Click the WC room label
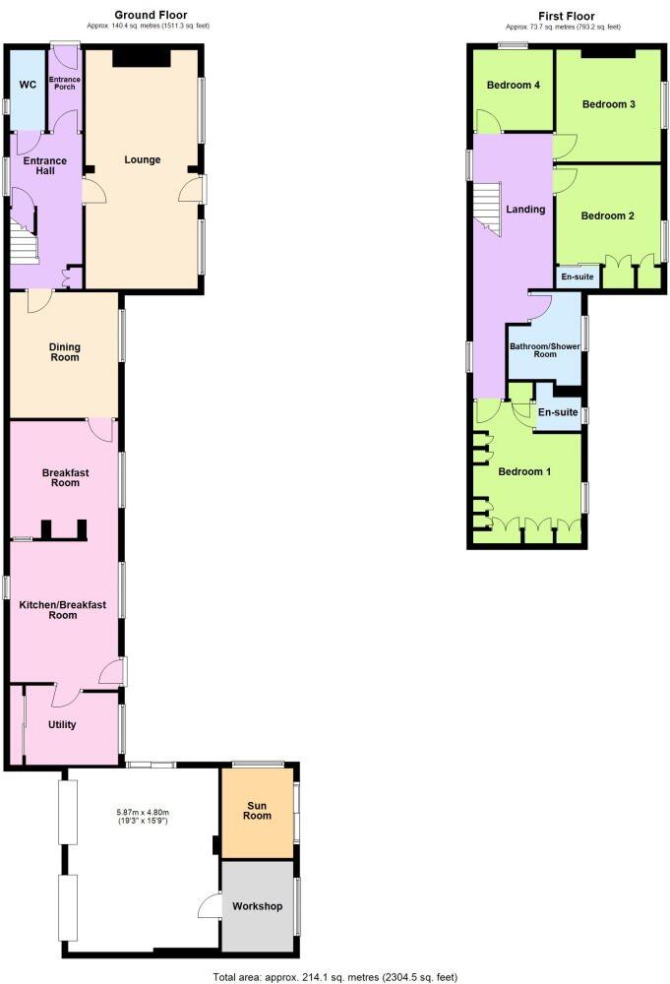tap(28, 85)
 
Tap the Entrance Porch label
tap(65, 81)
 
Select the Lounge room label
tap(143, 159)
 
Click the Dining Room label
tap(65, 351)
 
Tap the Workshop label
tap(258, 905)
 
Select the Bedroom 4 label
tap(514, 85)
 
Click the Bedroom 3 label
tap(608, 104)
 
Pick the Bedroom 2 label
tap(608, 215)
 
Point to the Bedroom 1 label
tap(524, 471)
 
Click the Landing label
tap(525, 210)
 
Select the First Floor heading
tap(566, 15)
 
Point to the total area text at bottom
tap(335, 977)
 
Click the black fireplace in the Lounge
tap(143, 58)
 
